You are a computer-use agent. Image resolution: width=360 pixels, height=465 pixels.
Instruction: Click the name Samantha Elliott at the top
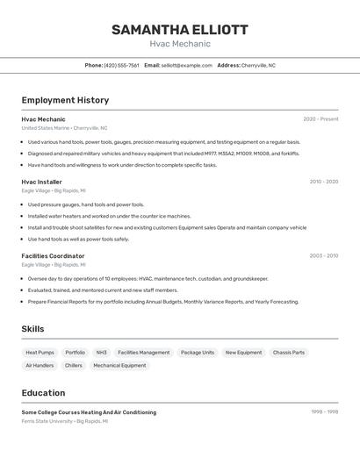coord(179,29)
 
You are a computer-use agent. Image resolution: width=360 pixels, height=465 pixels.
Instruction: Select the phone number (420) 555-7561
coord(121,65)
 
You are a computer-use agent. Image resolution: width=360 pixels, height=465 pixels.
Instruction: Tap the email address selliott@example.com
coord(186,65)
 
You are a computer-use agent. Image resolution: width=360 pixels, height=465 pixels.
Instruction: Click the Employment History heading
coord(65,100)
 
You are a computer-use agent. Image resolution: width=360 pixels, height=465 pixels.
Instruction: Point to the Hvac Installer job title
coord(41,182)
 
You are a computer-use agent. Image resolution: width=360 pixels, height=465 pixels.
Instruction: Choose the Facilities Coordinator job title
coord(53,256)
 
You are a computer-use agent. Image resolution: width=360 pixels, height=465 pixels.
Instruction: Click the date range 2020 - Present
coord(320,119)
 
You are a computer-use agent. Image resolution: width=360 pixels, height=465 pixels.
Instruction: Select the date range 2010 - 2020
coord(323,182)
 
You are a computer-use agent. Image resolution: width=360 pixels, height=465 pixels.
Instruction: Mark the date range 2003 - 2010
coord(323,256)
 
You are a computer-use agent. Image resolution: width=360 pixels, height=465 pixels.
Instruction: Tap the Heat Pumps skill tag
coord(40,353)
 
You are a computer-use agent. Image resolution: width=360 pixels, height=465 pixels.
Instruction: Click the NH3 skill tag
coord(101,353)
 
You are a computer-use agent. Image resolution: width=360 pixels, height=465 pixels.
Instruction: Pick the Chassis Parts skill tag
coord(289,353)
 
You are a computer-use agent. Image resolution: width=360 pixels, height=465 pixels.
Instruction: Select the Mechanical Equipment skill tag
coord(119,366)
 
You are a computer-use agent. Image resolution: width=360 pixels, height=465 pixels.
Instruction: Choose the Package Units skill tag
coord(197,353)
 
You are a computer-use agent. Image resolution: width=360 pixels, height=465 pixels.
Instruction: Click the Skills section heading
coord(32,329)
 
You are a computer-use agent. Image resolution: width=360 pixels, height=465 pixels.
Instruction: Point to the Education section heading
coord(43,393)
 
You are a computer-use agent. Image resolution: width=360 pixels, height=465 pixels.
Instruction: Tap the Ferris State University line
coord(65,421)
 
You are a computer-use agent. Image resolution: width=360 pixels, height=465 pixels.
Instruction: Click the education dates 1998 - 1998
coord(324,411)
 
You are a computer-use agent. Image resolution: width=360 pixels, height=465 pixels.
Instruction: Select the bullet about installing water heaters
coord(109,216)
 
